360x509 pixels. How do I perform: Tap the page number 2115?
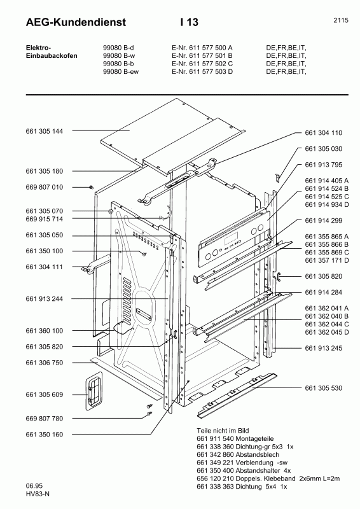tap(340, 20)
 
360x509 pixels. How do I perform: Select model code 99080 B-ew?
tap(121, 72)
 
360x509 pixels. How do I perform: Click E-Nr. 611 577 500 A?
tap(202, 47)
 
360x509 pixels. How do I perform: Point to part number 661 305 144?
tap(45, 130)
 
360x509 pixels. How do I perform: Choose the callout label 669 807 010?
tap(45, 187)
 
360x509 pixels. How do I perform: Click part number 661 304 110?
tap(324, 133)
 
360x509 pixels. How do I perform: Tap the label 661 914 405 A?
tap(326, 181)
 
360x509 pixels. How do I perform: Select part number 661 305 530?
tap(324, 387)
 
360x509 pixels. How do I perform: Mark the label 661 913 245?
tap(324, 348)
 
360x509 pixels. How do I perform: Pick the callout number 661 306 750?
tap(45, 363)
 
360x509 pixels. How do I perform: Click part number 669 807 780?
tap(45, 419)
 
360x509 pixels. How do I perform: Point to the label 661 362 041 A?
tap(326, 308)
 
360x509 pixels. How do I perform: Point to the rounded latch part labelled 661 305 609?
tap(93, 389)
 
